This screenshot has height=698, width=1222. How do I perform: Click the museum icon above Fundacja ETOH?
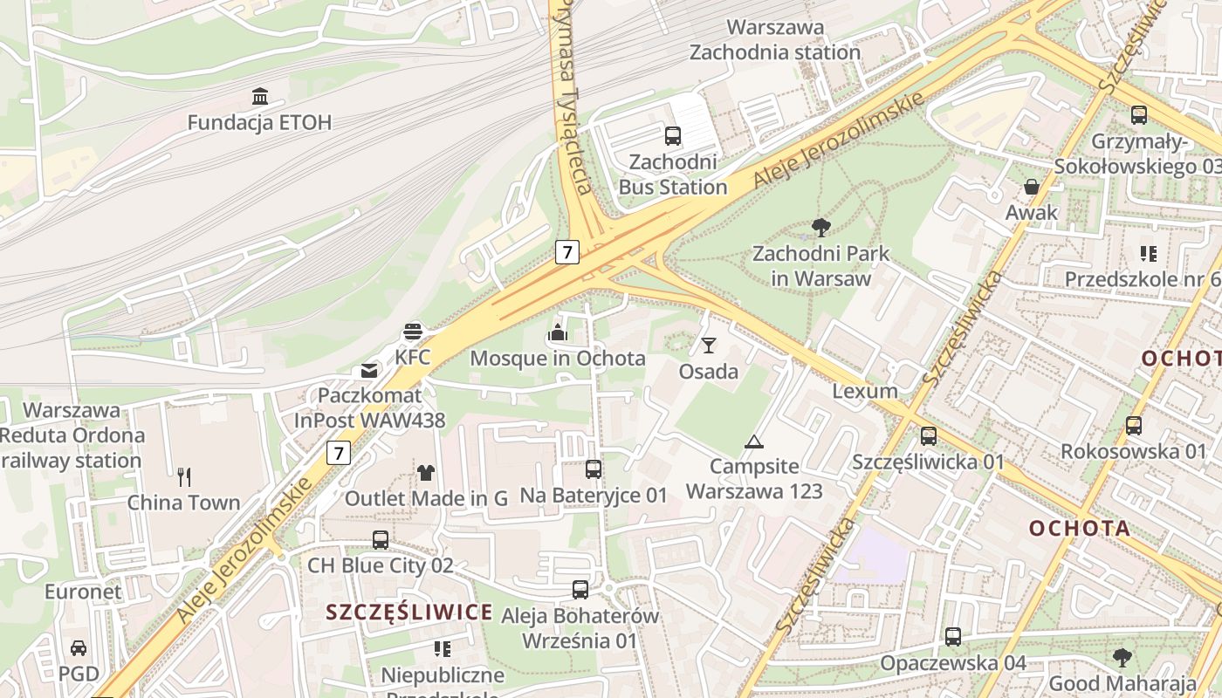[259, 96]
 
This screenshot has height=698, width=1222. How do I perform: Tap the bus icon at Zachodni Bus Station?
[672, 136]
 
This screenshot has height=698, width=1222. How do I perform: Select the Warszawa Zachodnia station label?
[775, 40]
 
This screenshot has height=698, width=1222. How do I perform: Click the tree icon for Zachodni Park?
[820, 229]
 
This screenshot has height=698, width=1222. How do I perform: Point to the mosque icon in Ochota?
[557, 332]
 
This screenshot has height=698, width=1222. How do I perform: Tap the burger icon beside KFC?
[413, 332]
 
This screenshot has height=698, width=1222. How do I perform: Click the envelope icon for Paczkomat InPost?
[369, 371]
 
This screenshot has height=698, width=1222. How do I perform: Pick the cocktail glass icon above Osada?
[709, 346]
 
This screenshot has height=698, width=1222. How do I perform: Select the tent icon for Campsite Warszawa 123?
[754, 441]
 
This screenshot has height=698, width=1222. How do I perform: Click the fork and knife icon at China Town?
[183, 476]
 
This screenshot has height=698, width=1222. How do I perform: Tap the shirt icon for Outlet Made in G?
[425, 473]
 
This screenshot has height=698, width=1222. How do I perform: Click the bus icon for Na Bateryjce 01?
[594, 469]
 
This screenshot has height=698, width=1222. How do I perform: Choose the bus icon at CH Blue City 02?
[381, 539]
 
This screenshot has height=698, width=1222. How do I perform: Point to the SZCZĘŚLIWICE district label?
[409, 612]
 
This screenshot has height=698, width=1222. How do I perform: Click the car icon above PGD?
[79, 648]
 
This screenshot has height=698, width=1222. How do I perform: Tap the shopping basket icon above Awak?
[1031, 187]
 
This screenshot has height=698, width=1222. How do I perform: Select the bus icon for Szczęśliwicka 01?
[929, 436]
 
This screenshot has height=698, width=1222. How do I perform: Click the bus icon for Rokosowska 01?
[1133, 426]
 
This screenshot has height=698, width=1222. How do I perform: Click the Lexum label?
[864, 391]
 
